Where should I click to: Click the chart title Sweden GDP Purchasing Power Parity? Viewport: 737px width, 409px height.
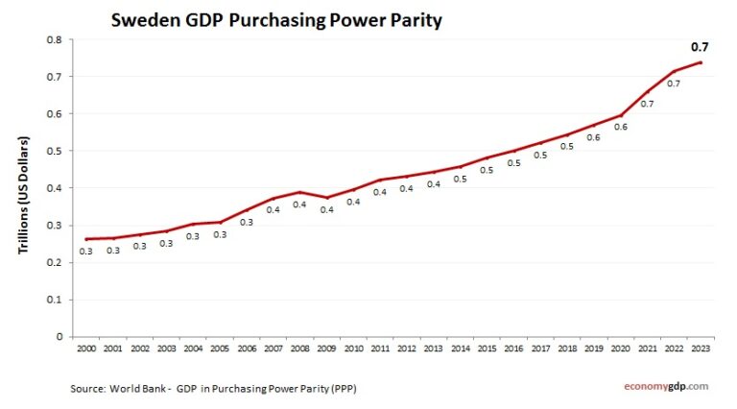pos(276,19)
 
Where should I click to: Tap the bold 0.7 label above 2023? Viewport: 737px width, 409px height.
pos(700,46)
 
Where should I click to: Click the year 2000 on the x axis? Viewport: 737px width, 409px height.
pos(86,348)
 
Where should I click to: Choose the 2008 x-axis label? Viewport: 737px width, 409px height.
pos(299,348)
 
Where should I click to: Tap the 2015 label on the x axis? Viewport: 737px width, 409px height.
pos(487,348)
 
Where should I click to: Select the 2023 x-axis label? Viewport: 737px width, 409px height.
pos(700,348)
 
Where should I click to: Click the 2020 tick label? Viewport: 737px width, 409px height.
pos(620,348)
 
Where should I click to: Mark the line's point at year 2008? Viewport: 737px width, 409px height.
pos(299,192)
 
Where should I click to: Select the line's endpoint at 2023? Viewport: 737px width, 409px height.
pos(701,62)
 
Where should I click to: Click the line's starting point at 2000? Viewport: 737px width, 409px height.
pos(86,239)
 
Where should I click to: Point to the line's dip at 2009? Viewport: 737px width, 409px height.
pos(326,198)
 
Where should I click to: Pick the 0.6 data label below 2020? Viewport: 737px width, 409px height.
pos(620,126)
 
